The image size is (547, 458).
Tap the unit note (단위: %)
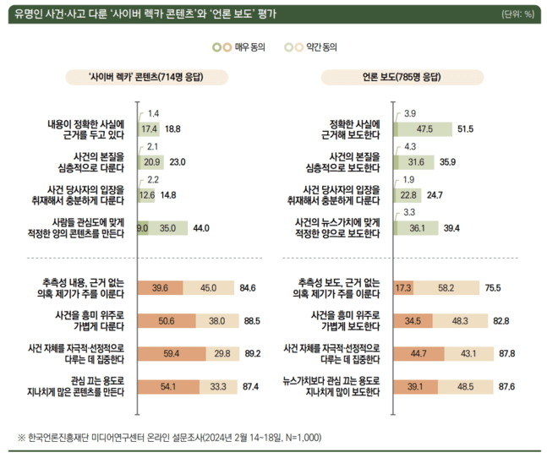517,14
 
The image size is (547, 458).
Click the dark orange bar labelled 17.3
403,289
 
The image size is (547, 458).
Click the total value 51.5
466,129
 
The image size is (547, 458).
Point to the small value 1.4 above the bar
153,113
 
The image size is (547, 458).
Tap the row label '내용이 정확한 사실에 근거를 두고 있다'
86,128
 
